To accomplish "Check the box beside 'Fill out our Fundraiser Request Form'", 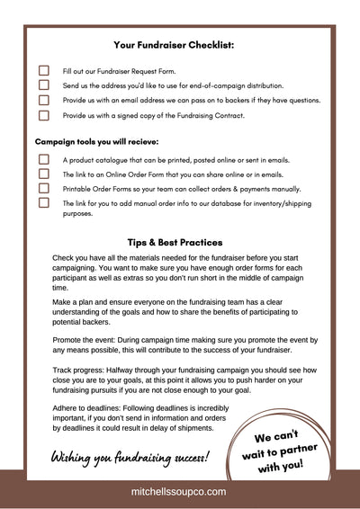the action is [x=43, y=69].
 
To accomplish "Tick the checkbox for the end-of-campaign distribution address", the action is [x=43, y=85].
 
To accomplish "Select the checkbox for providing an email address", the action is [x=43, y=100].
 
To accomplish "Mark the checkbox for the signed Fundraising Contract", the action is [x=43, y=115].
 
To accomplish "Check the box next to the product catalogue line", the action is [x=43, y=159].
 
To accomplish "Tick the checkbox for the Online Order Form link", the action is [x=43, y=174].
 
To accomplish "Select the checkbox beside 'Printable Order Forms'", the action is [x=43, y=189].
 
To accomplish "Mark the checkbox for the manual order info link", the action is [x=43, y=203].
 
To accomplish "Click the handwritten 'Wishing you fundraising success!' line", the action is [x=130, y=456].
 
